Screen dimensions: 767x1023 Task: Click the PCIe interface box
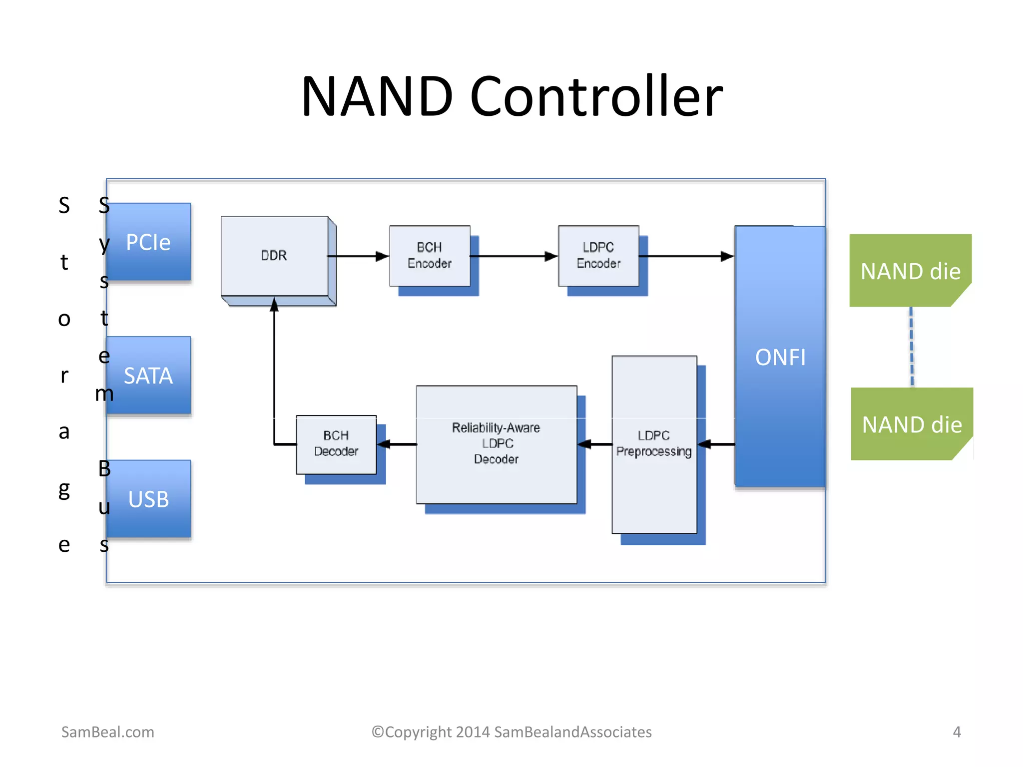pyautogui.click(x=148, y=242)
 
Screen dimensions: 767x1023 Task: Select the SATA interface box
pyautogui.click(x=148, y=375)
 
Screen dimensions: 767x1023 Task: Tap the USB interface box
pyautogui.click(x=148, y=499)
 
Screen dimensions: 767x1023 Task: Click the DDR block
pyautogui.click(x=274, y=256)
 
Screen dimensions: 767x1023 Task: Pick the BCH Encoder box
pyautogui.click(x=430, y=256)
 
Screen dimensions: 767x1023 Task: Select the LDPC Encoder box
pyautogui.click(x=598, y=256)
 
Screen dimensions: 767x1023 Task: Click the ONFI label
pyautogui.click(x=780, y=358)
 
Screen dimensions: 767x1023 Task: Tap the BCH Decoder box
pyautogui.click(x=336, y=444)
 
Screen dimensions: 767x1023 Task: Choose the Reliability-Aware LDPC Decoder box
pyautogui.click(x=496, y=444)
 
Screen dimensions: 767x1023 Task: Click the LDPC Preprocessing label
pyautogui.click(x=653, y=444)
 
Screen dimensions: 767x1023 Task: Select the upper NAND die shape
pyautogui.click(x=910, y=271)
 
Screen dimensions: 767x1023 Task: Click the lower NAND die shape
pyautogui.click(x=912, y=424)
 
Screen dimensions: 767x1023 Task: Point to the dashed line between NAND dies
pyautogui.click(x=912, y=347)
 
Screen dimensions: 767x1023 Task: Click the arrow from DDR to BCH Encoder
pyautogui.click(x=357, y=256)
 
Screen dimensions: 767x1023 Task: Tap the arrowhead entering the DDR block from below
pyautogui.click(x=274, y=304)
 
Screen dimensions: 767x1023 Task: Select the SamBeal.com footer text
pyautogui.click(x=107, y=732)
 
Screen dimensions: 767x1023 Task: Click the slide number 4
pyautogui.click(x=957, y=732)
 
